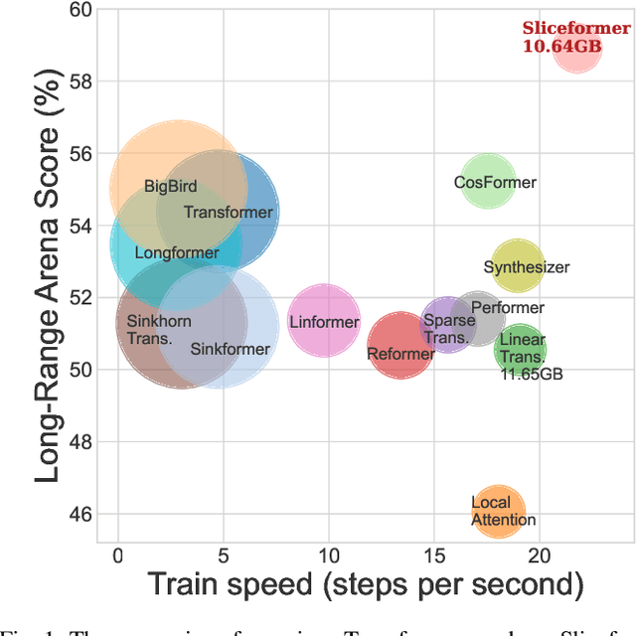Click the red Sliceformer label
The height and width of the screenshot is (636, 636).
(575, 29)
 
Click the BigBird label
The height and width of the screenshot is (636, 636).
(170, 186)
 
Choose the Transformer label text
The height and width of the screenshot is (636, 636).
(229, 212)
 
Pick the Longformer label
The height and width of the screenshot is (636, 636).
(176, 253)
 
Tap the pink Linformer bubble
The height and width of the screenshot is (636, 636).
(324, 321)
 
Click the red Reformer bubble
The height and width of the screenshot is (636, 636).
(400, 347)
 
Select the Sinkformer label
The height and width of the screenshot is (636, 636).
(229, 349)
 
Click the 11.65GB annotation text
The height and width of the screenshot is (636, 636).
(523, 375)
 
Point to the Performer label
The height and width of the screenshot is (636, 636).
(507, 308)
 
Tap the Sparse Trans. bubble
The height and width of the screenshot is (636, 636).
(448, 328)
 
